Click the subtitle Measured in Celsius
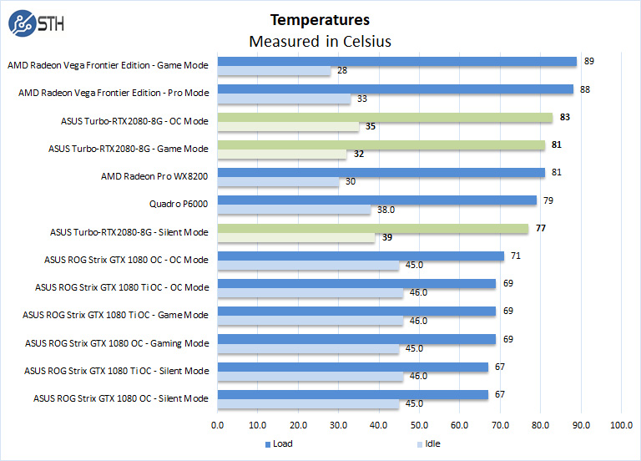click(x=320, y=41)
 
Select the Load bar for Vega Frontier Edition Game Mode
click(x=397, y=62)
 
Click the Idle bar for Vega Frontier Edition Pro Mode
click(x=284, y=99)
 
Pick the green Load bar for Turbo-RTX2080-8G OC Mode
click(x=385, y=118)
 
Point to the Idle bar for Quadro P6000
click(x=294, y=210)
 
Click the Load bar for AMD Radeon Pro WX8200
click(x=381, y=173)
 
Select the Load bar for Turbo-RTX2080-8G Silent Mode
click(x=373, y=228)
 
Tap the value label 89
click(x=588, y=61)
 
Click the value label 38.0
click(x=386, y=210)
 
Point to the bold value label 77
click(x=541, y=228)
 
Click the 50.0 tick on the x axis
click(x=420, y=425)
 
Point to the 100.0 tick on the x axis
click(x=621, y=425)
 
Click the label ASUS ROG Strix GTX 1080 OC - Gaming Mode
click(x=117, y=342)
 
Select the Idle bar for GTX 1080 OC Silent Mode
click(x=308, y=404)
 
